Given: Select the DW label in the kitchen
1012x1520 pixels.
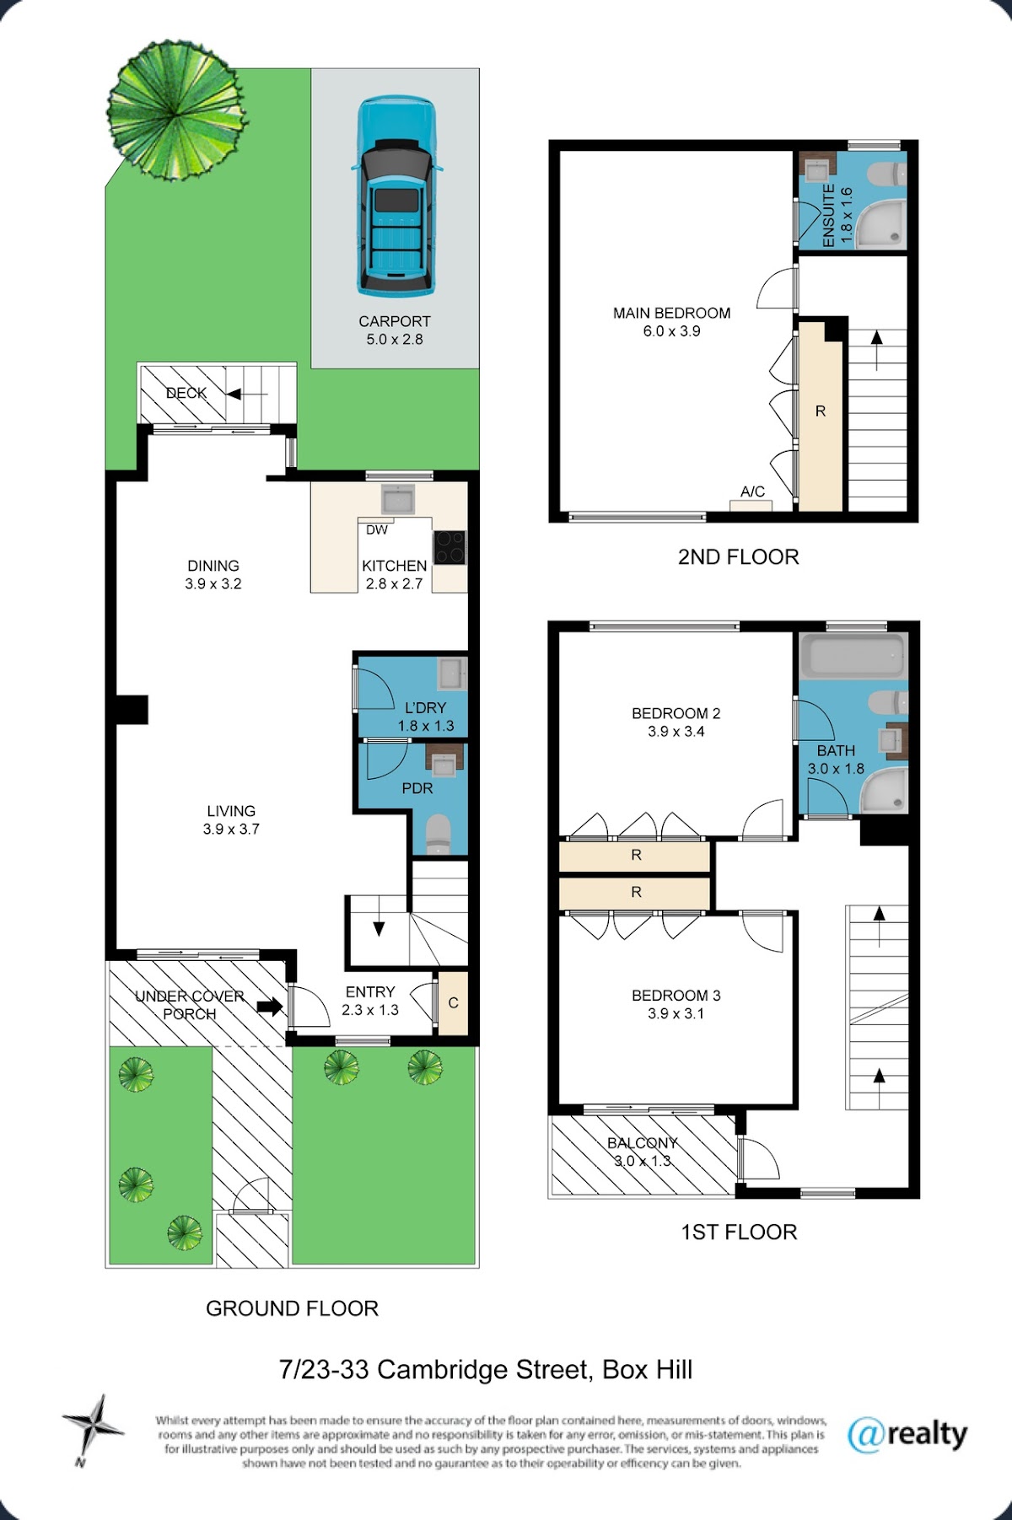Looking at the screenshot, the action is pos(377,530).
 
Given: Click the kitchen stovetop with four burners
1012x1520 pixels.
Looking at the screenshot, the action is pos(449,547).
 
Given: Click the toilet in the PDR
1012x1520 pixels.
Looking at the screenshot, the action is pos(438,835).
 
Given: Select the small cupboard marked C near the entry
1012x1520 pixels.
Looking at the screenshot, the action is pos(453,1003).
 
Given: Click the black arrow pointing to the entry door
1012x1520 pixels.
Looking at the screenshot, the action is pos(270,1006).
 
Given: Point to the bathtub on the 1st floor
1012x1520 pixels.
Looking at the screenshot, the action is pos(853,656).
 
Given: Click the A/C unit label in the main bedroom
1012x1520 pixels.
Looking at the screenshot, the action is pos(752,491).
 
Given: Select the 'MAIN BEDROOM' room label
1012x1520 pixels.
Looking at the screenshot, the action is pos(671,313).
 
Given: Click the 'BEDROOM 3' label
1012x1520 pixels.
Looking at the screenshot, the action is pos(676,996).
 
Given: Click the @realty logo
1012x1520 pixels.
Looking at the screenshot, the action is pos(907,1434).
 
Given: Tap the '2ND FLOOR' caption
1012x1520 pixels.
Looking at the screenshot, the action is pos(738,557).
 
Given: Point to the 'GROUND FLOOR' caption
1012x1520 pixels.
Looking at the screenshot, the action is pos(292,1308).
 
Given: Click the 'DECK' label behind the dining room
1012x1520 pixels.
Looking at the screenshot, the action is pos(186,393).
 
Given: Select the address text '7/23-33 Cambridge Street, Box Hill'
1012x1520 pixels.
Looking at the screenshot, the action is pos(486,1370).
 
